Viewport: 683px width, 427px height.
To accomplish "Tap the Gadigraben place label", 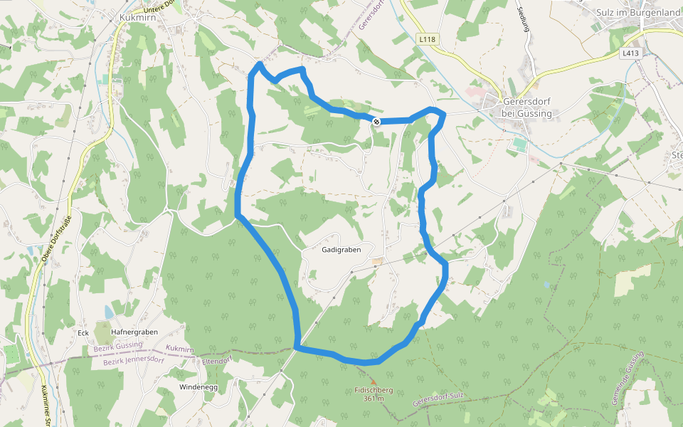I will point(341,250).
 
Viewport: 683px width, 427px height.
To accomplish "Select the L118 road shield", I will point(427,39).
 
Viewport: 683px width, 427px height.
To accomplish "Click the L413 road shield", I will point(630,53).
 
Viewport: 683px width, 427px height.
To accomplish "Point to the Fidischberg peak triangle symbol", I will point(373,382).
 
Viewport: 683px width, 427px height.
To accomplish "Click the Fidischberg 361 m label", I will point(374,394).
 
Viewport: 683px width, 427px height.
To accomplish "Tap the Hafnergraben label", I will point(134,332).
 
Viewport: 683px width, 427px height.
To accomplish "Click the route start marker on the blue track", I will point(376,122).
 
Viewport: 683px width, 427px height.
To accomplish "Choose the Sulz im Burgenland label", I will point(638,13).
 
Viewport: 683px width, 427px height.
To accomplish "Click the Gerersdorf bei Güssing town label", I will point(526,107).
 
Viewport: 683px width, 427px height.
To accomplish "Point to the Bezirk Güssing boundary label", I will point(118,347).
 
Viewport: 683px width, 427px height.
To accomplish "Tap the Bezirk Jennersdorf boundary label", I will point(133,361).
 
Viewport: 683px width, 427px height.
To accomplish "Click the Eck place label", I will point(83,332).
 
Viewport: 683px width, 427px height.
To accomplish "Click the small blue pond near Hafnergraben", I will point(108,312).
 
